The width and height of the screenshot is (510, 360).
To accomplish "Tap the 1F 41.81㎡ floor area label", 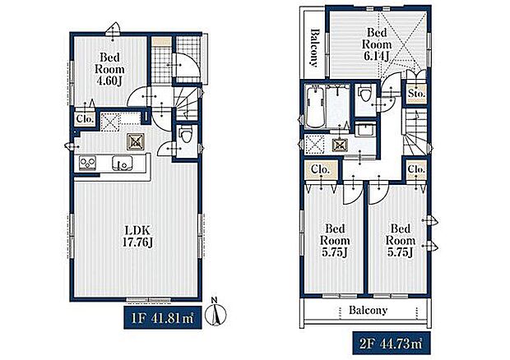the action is click(163, 318).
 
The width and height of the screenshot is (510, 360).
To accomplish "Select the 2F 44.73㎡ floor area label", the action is click(392, 343).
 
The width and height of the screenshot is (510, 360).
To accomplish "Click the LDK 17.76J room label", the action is click(137, 236).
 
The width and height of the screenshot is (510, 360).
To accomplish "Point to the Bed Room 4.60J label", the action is click(109, 69).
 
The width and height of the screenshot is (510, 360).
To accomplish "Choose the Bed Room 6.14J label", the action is click(377, 44).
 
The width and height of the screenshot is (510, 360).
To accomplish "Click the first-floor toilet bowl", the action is click(187, 134).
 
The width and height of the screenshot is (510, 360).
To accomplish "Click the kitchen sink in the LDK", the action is click(123, 163).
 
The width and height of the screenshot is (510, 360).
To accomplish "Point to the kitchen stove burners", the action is click(88, 163).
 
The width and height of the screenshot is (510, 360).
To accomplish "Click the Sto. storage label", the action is click(416, 94).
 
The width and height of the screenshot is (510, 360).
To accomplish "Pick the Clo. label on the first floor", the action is click(86, 119).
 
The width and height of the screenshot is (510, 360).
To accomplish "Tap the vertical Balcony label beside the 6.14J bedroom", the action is click(313, 48).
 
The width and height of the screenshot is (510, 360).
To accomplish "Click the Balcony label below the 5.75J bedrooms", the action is click(368, 311).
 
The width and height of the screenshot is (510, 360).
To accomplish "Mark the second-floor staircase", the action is click(416, 132).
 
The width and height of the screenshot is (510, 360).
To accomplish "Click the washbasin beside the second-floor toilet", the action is click(364, 131).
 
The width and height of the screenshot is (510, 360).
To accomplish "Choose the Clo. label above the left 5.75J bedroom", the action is click(320, 169).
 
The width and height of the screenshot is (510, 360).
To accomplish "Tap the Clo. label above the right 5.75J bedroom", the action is click(416, 169).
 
